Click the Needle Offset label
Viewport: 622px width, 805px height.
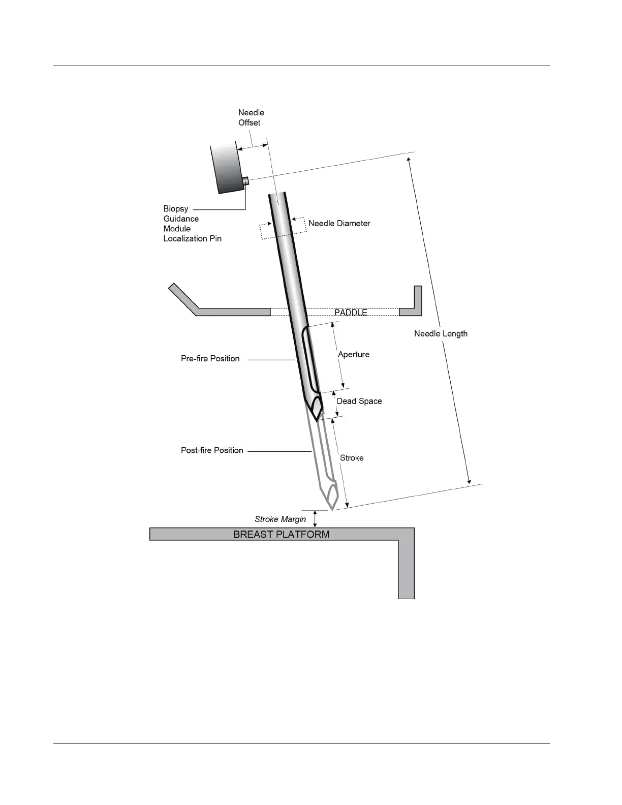(x=251, y=117)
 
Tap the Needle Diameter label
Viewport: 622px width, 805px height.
(x=339, y=223)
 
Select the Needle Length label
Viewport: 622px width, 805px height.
(x=441, y=333)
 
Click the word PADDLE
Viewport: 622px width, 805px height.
(x=351, y=312)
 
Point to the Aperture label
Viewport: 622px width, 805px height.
(x=354, y=354)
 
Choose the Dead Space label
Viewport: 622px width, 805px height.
(x=359, y=401)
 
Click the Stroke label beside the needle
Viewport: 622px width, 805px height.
(x=352, y=458)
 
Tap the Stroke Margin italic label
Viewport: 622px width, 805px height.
(x=280, y=519)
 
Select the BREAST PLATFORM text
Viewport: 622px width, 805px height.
(x=281, y=534)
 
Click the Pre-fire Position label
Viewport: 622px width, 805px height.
(x=210, y=358)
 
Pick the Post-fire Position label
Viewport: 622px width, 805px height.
(x=212, y=450)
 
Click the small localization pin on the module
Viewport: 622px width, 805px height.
(x=245, y=181)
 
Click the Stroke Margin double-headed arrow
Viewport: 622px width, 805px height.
(x=315, y=518)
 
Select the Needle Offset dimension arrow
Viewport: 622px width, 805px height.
(x=253, y=147)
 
